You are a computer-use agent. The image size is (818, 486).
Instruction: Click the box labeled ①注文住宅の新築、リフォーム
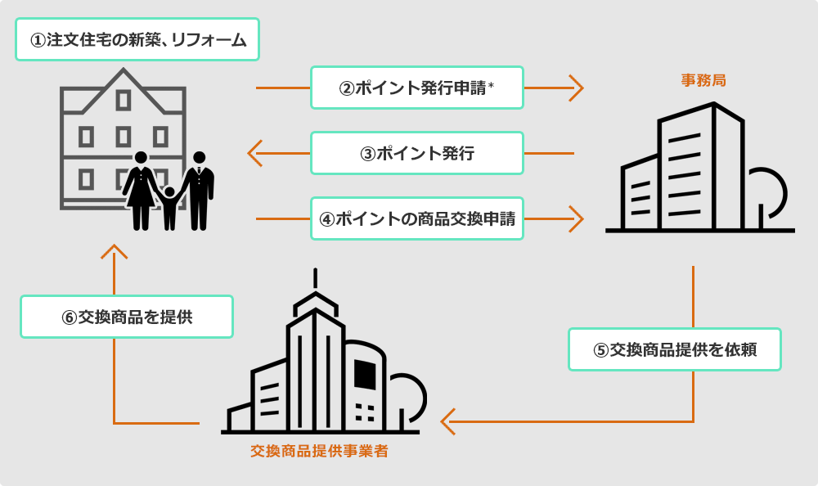tap(137, 39)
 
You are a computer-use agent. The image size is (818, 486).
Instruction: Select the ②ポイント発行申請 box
tap(416, 88)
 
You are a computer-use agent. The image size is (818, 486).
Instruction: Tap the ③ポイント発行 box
tap(416, 153)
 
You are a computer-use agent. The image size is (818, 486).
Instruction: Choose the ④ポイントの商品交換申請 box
tap(416, 218)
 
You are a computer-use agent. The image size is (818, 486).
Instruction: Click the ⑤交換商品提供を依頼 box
tap(675, 350)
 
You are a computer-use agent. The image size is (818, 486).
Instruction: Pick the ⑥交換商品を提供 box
tap(127, 317)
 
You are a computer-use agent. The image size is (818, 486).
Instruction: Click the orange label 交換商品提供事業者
tap(319, 451)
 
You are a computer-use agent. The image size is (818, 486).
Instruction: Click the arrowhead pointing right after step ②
tap(578, 88)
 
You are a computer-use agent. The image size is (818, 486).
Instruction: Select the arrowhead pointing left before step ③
tap(254, 153)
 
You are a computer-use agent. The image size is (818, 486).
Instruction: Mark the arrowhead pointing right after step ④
tap(578, 218)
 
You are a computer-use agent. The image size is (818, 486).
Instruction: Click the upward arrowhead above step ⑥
tap(114, 251)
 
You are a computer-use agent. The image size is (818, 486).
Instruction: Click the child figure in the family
tap(169, 207)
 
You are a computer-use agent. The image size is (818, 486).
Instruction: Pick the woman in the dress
tap(141, 190)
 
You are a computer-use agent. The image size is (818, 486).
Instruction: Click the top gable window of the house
tap(124, 100)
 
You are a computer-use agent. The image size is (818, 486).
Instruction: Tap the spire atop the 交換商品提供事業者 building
tap(313, 282)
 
